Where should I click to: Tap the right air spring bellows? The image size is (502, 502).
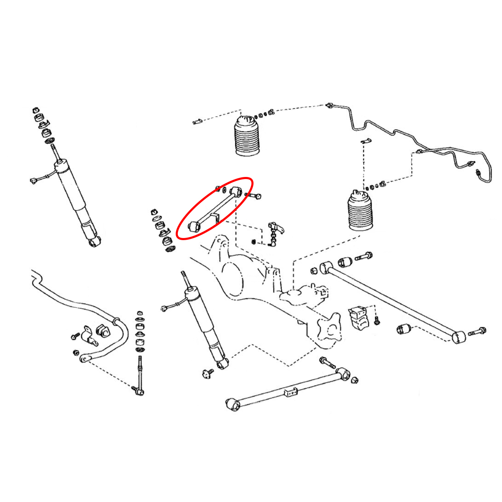pos(360,211)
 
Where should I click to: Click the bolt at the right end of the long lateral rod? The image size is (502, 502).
pos(477,332)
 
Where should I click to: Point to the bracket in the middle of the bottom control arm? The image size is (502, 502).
pos(291,392)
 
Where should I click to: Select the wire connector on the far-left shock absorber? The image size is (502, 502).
pos(34,181)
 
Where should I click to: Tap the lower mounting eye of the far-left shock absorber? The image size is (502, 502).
pos(95,241)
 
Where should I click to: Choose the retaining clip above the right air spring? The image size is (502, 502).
pos(366,141)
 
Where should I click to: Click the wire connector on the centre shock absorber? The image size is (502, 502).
pos(164,309)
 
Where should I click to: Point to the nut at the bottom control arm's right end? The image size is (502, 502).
pos(355,380)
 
